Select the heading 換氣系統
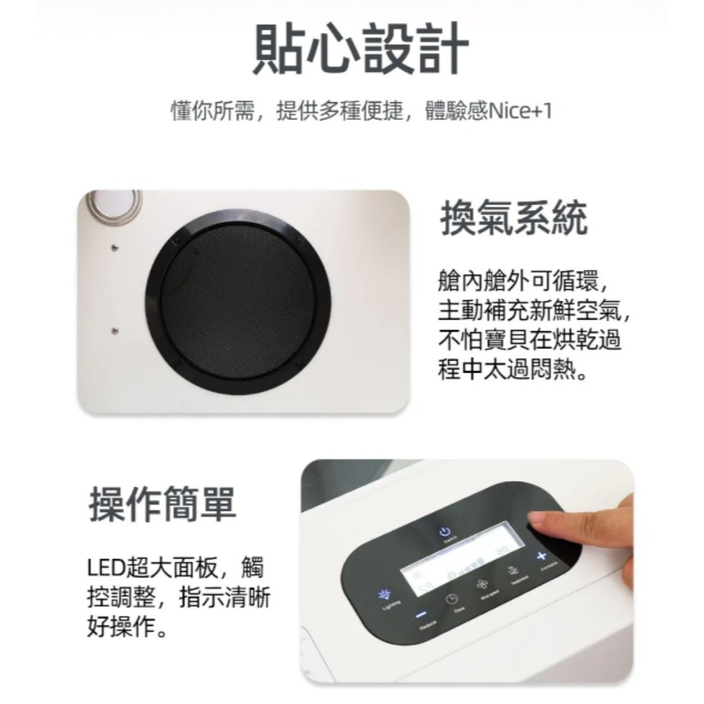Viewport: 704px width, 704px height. tap(513, 219)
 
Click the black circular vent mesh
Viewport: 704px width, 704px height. tap(237, 303)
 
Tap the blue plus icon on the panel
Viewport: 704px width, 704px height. tap(541, 558)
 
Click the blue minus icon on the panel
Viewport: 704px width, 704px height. tap(420, 613)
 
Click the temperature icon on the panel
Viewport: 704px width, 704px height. tap(513, 572)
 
